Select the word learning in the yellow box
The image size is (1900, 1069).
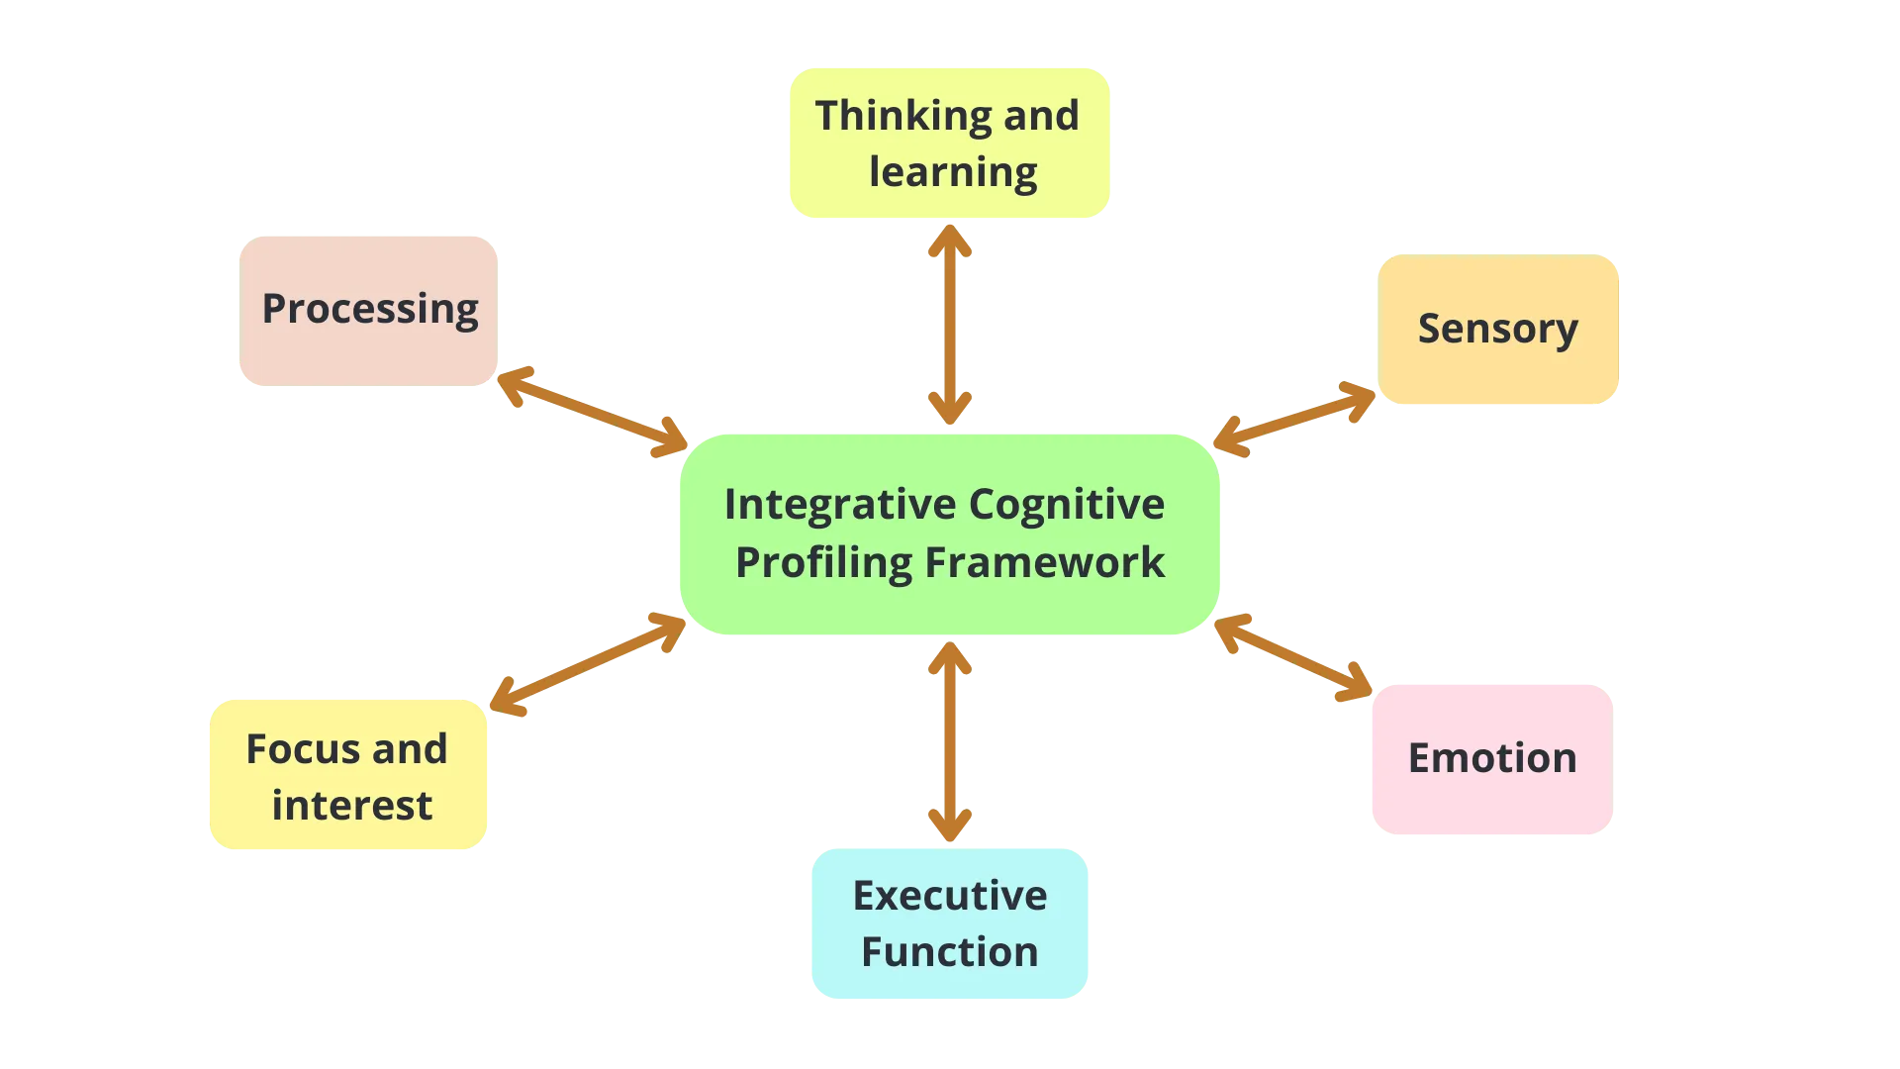(953, 172)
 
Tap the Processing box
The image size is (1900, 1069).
(368, 310)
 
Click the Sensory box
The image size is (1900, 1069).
(1498, 330)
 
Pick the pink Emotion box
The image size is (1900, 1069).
(1492, 759)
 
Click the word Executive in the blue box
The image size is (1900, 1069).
(949, 896)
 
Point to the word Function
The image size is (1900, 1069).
(949, 952)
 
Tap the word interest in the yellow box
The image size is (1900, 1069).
(351, 806)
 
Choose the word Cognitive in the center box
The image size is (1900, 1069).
(1066, 505)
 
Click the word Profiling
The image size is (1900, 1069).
(823, 563)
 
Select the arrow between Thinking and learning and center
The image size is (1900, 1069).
(949, 325)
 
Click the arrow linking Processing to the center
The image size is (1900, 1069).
(592, 412)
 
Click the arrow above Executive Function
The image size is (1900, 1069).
(949, 742)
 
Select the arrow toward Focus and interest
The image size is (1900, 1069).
(588, 662)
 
